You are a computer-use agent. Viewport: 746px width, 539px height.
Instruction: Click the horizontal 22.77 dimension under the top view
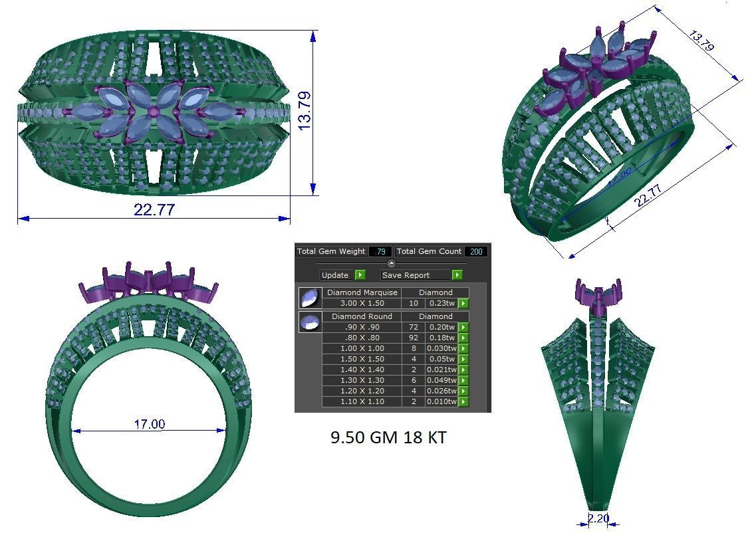[154, 210]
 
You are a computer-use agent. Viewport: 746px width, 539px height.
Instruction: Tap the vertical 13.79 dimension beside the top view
[305, 111]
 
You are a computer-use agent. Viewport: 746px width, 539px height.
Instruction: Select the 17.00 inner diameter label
[149, 424]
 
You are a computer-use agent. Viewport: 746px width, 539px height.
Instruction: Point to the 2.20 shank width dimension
[598, 518]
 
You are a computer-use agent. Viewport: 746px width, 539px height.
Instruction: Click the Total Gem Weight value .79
[380, 251]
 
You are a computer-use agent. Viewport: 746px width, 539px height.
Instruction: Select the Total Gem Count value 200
[476, 251]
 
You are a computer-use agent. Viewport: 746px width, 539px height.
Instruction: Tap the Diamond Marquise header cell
[362, 292]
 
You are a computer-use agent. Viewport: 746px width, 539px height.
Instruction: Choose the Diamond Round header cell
[362, 316]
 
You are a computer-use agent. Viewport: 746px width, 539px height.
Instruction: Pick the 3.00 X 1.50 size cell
[362, 303]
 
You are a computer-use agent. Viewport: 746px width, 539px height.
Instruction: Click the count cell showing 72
[413, 327]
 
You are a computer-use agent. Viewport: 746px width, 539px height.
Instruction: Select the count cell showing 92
[413, 338]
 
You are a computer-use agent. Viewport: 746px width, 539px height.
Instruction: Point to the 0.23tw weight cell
[441, 303]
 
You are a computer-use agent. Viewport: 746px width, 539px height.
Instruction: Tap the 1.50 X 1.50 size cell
[362, 359]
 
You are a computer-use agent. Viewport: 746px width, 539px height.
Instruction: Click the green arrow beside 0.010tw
[463, 401]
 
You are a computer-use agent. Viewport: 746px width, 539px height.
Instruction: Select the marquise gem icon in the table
[310, 298]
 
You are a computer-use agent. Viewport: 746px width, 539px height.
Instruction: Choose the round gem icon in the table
[310, 322]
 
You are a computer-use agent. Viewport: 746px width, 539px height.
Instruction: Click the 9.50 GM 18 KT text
[388, 437]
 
